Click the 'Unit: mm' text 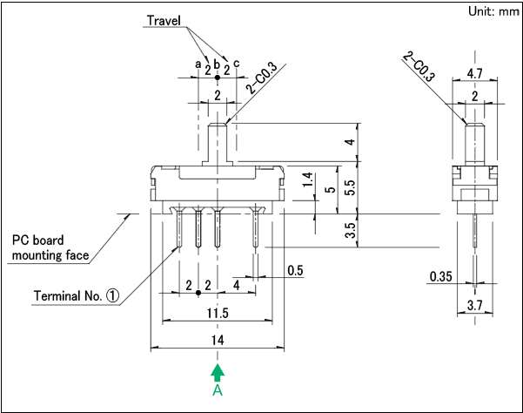pyautogui.click(x=491, y=12)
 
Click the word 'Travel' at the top pyautogui.click(x=166, y=19)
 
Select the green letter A pyautogui.click(x=218, y=391)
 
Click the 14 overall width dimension pyautogui.click(x=218, y=339)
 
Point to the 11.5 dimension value pyautogui.click(x=218, y=313)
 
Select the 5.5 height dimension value pyautogui.click(x=350, y=186)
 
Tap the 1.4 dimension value pyautogui.click(x=306, y=181)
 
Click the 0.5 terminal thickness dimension pyautogui.click(x=294, y=271)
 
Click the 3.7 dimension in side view pyautogui.click(x=475, y=304)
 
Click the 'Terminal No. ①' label pyautogui.click(x=77, y=295)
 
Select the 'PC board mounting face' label pyautogui.click(x=50, y=247)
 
